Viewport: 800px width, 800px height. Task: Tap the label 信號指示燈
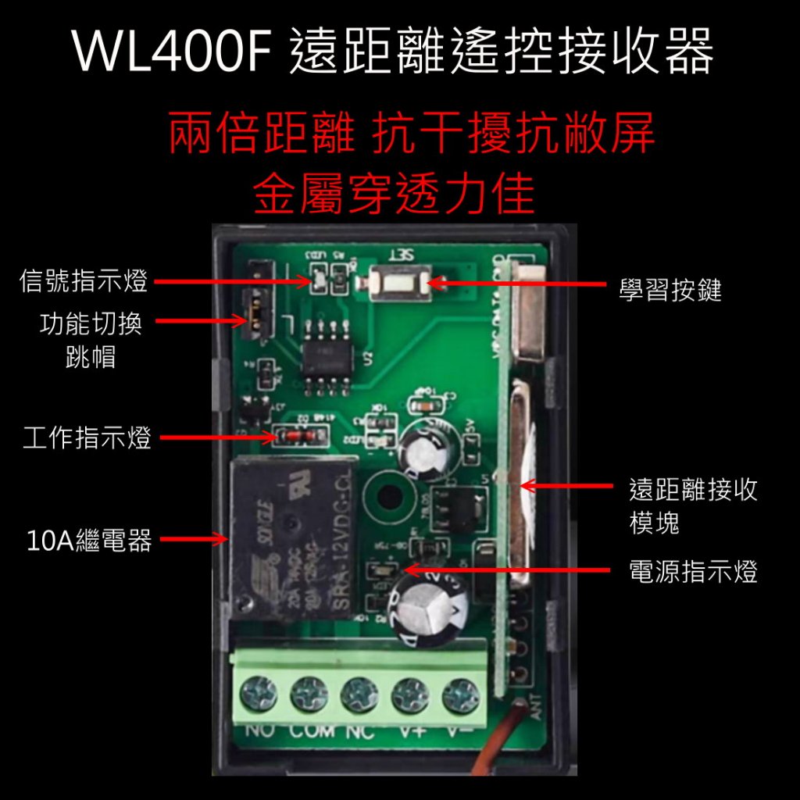pos(84,281)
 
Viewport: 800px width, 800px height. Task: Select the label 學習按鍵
pos(670,290)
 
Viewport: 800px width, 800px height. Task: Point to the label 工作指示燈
pos(87,438)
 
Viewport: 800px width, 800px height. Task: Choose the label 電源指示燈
pos(693,573)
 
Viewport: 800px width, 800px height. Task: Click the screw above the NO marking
pos(259,692)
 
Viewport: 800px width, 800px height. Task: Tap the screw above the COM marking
pos(309,693)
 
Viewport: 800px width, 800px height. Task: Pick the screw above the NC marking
pos(359,693)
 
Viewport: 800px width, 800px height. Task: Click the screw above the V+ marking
pos(410,693)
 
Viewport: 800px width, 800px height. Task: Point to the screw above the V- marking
pos(461,693)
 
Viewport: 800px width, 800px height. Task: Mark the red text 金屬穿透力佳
pos(394,195)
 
